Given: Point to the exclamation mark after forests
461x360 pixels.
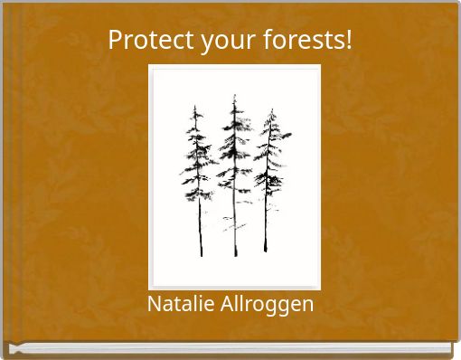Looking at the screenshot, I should [x=348, y=41].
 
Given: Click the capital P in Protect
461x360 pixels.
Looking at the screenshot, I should [x=115, y=41].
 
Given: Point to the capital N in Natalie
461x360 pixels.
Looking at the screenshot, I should [x=153, y=304].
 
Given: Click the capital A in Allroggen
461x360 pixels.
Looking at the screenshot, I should [x=225, y=304].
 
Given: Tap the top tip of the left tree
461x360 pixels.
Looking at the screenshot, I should [x=197, y=106].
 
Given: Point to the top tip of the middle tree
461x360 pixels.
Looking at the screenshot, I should [x=234, y=94].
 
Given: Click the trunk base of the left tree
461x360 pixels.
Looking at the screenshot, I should [x=202, y=255].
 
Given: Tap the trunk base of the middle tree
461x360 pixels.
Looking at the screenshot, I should [x=235, y=256].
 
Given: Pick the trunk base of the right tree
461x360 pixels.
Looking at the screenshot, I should [x=266, y=251].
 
